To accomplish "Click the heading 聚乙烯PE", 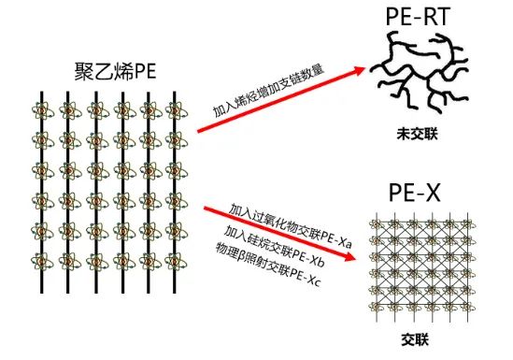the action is point(115,71).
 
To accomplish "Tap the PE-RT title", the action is point(418,17).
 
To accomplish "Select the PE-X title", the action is point(415,193).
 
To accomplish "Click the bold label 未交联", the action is point(417,134).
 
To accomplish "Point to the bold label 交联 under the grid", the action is point(415,339).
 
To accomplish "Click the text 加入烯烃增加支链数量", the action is point(268,91).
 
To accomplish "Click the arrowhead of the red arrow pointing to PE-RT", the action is point(359,71).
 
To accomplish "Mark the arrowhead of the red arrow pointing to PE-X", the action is point(349,256).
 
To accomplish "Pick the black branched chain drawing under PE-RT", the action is point(420,72).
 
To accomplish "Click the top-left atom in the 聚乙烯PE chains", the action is point(42,110).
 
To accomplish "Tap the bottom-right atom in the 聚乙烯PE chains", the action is point(176,262).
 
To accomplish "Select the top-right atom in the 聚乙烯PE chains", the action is point(176,110).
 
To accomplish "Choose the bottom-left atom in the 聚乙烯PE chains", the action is point(42,262).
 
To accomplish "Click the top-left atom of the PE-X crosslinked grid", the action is point(378,224).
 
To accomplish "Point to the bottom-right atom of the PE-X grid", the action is point(467,307).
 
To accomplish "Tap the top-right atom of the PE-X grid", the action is point(467,224).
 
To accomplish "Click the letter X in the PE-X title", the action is point(432,193).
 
